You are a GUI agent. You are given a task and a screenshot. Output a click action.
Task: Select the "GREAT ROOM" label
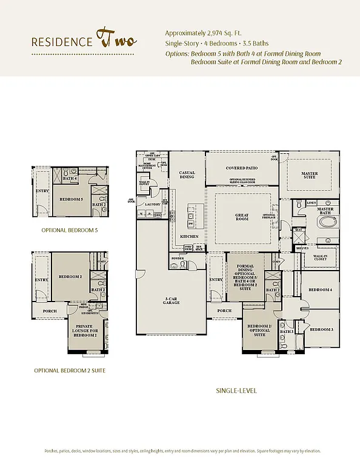(242, 217)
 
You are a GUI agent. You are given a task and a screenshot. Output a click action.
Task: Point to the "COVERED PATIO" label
(242, 168)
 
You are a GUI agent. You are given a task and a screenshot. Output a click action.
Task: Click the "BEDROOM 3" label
(321, 329)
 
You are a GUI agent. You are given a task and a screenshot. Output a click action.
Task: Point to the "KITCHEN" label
(189, 236)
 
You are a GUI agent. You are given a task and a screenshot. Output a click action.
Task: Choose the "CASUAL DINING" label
(187, 175)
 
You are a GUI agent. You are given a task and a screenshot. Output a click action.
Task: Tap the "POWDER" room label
(178, 258)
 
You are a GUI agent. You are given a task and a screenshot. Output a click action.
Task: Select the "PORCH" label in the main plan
(224, 311)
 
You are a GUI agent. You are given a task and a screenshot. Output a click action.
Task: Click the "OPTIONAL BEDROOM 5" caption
(69, 231)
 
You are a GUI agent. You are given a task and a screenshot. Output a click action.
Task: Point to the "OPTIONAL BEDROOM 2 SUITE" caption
(69, 370)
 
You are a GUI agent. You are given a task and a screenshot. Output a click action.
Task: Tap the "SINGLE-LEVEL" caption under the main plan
(236, 391)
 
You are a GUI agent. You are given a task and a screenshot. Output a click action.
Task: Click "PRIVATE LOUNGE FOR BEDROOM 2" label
(85, 331)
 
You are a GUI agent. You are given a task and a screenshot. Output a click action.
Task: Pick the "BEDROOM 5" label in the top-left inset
(71, 199)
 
